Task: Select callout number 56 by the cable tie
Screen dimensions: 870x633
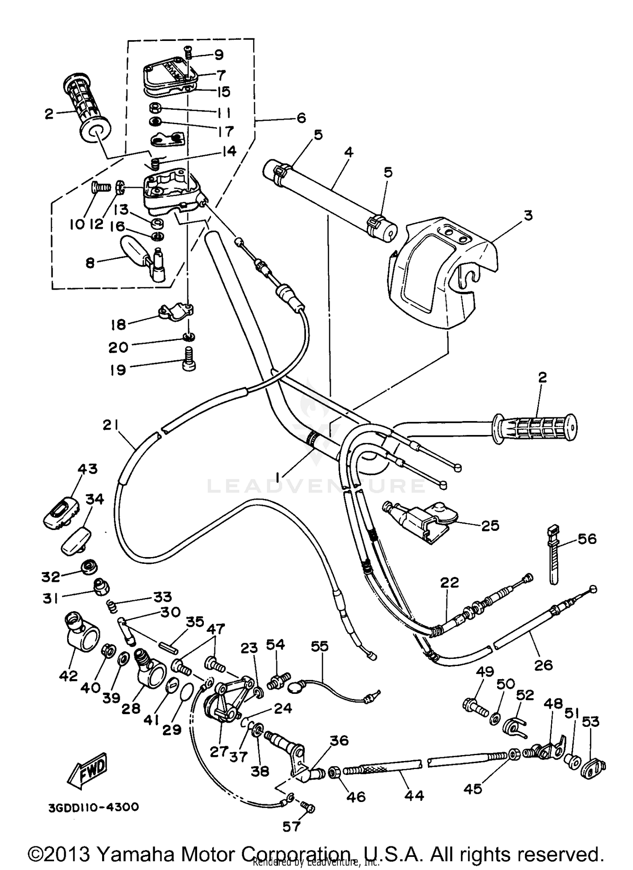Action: point(587,539)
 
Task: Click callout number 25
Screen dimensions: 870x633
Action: point(490,526)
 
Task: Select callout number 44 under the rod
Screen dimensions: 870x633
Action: point(414,796)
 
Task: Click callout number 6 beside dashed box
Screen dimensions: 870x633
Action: point(301,118)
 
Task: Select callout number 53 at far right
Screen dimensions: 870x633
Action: point(590,722)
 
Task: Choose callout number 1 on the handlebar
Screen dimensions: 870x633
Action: point(278,477)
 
